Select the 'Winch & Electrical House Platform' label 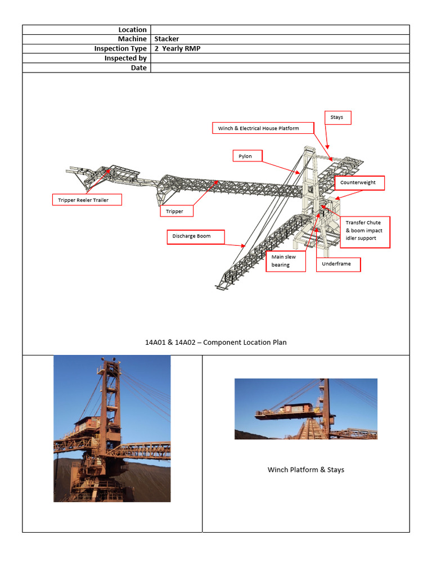[258, 128]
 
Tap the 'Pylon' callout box [247, 156]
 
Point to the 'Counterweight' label [359, 183]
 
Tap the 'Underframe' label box [337, 264]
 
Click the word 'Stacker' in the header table [167, 39]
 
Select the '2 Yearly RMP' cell [178, 49]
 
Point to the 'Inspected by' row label [125, 58]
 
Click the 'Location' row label [132, 30]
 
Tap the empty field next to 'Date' [280, 68]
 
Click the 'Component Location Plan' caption [215, 342]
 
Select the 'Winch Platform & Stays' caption [305, 470]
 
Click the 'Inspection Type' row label [120, 49]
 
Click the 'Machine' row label [132, 39]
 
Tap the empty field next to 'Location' [280, 30]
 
